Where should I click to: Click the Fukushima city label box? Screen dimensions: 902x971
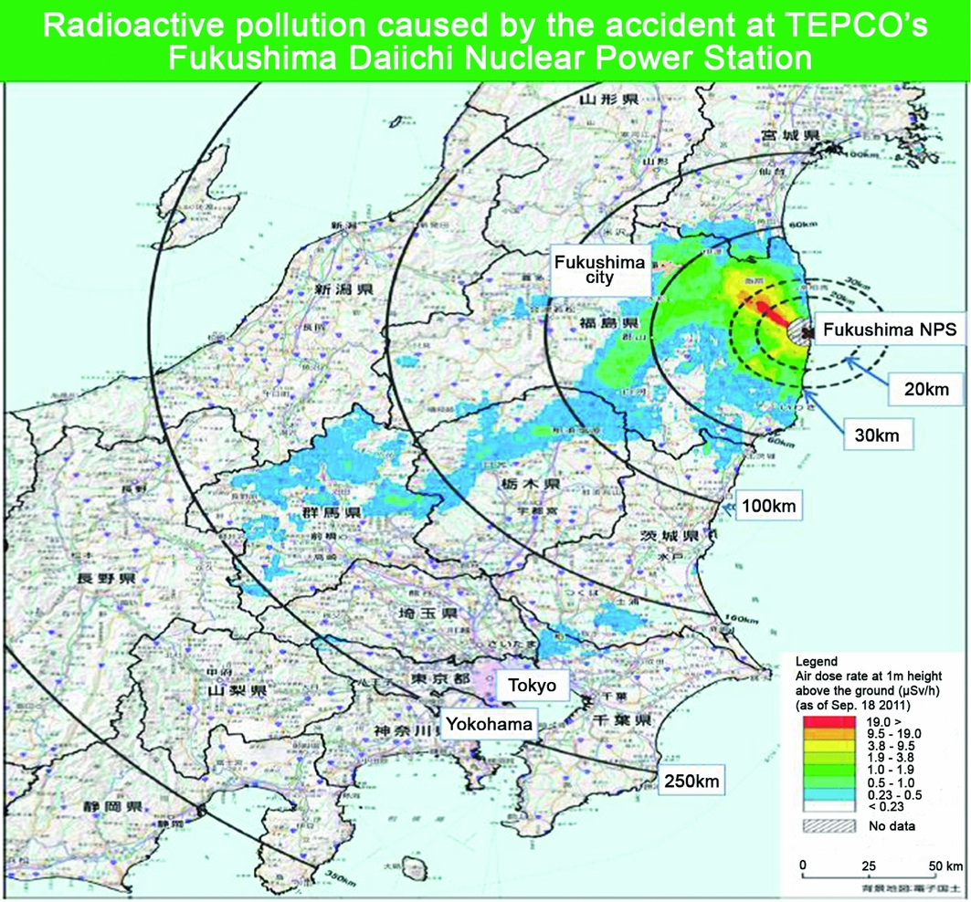coord(600,269)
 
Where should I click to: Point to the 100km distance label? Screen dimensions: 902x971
coord(768,505)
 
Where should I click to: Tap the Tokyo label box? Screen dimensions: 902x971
coord(532,685)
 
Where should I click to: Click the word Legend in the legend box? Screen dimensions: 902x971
coord(816,659)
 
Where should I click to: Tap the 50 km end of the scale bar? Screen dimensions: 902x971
coord(945,865)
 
